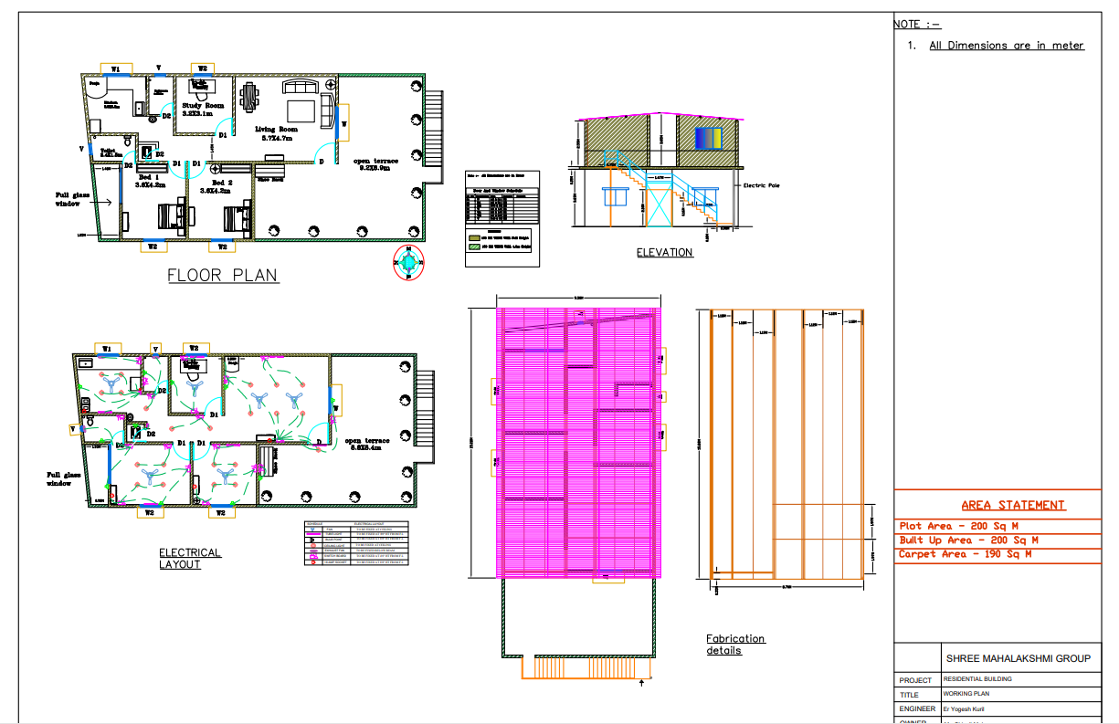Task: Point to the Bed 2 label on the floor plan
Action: click(216, 185)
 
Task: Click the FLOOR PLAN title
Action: click(223, 275)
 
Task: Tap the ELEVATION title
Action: click(664, 252)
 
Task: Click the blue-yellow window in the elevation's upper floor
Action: click(709, 139)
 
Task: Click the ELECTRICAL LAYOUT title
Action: click(190, 558)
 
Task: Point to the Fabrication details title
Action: click(735, 644)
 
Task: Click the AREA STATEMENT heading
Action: click(1012, 505)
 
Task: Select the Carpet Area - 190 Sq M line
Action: click(966, 554)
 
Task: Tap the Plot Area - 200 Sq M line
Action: click(958, 526)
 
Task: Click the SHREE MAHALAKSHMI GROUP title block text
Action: click(1018, 657)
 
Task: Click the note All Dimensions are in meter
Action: click(1006, 46)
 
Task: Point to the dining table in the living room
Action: click(249, 95)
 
